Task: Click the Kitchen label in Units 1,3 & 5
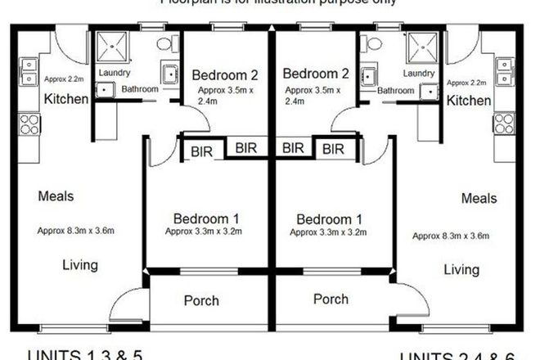[x=65, y=99]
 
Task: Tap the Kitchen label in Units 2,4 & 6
[x=470, y=100]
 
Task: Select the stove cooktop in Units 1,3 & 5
[x=29, y=124]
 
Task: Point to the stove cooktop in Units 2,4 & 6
[x=505, y=124]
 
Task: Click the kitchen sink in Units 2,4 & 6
[x=505, y=70]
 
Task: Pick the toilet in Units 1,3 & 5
[x=165, y=43]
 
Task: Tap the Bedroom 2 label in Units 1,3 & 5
[x=219, y=76]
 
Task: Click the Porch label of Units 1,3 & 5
[x=201, y=300]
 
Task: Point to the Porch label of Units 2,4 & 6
[x=331, y=299]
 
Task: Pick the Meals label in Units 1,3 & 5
[x=56, y=196]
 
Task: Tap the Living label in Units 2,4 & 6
[x=461, y=269]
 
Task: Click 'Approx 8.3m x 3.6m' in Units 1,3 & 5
[x=76, y=231]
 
